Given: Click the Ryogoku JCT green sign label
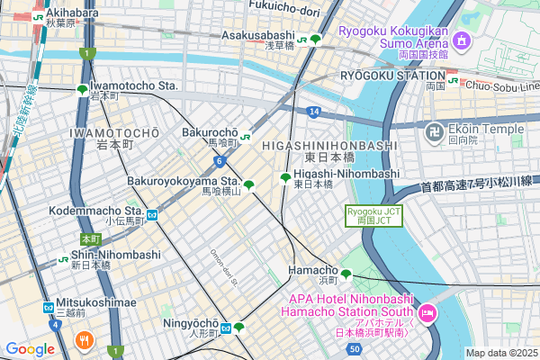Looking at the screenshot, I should (373, 215).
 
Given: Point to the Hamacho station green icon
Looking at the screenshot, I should (346, 274).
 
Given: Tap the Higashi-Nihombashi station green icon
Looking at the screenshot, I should (285, 177).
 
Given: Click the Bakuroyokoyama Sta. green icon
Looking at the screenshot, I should (248, 185).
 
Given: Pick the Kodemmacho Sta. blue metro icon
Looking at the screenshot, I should (153, 214).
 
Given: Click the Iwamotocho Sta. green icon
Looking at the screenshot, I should (83, 89).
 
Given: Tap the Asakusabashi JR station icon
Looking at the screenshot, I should (303, 39).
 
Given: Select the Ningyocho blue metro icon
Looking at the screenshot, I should (228, 327).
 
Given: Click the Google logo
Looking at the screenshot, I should (31, 349).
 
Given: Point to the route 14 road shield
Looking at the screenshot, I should (311, 112).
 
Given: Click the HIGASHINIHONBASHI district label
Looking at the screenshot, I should (329, 145).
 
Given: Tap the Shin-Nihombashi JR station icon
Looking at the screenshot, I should (64, 259).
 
